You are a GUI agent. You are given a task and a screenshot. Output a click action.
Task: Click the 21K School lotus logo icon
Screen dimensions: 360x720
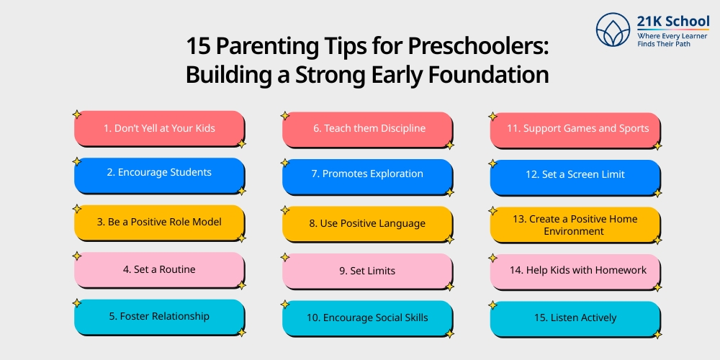(613, 30)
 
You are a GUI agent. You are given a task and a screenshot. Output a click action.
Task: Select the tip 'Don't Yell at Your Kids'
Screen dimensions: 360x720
(159, 128)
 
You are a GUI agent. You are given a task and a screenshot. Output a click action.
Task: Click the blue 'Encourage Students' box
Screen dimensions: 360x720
(159, 174)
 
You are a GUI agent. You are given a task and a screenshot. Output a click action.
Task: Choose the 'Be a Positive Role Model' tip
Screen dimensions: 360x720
(159, 222)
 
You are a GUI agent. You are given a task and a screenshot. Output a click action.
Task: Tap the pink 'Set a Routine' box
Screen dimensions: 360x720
(159, 269)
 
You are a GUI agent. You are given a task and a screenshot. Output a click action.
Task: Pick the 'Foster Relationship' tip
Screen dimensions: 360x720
(159, 316)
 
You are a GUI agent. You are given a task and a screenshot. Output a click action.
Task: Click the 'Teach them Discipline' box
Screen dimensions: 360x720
(367, 128)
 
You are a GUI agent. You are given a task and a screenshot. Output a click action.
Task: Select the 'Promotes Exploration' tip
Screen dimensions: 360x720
(367, 174)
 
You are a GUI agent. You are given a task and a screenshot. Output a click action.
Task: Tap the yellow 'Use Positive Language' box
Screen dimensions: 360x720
(367, 223)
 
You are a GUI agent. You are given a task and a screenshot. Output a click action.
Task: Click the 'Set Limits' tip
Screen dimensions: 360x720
(367, 271)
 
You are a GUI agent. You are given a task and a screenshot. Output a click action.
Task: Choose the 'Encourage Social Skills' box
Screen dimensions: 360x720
(367, 318)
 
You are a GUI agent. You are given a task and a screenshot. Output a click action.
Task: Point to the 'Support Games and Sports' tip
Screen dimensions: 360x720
(575, 129)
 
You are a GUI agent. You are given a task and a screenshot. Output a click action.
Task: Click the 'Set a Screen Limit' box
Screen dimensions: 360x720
(575, 175)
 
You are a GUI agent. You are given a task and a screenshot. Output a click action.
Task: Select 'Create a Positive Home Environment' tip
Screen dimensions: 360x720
(575, 225)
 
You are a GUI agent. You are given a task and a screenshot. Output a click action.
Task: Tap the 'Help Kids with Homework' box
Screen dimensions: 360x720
(575, 271)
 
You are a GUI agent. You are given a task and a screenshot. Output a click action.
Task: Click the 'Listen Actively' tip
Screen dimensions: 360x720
(575, 318)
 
